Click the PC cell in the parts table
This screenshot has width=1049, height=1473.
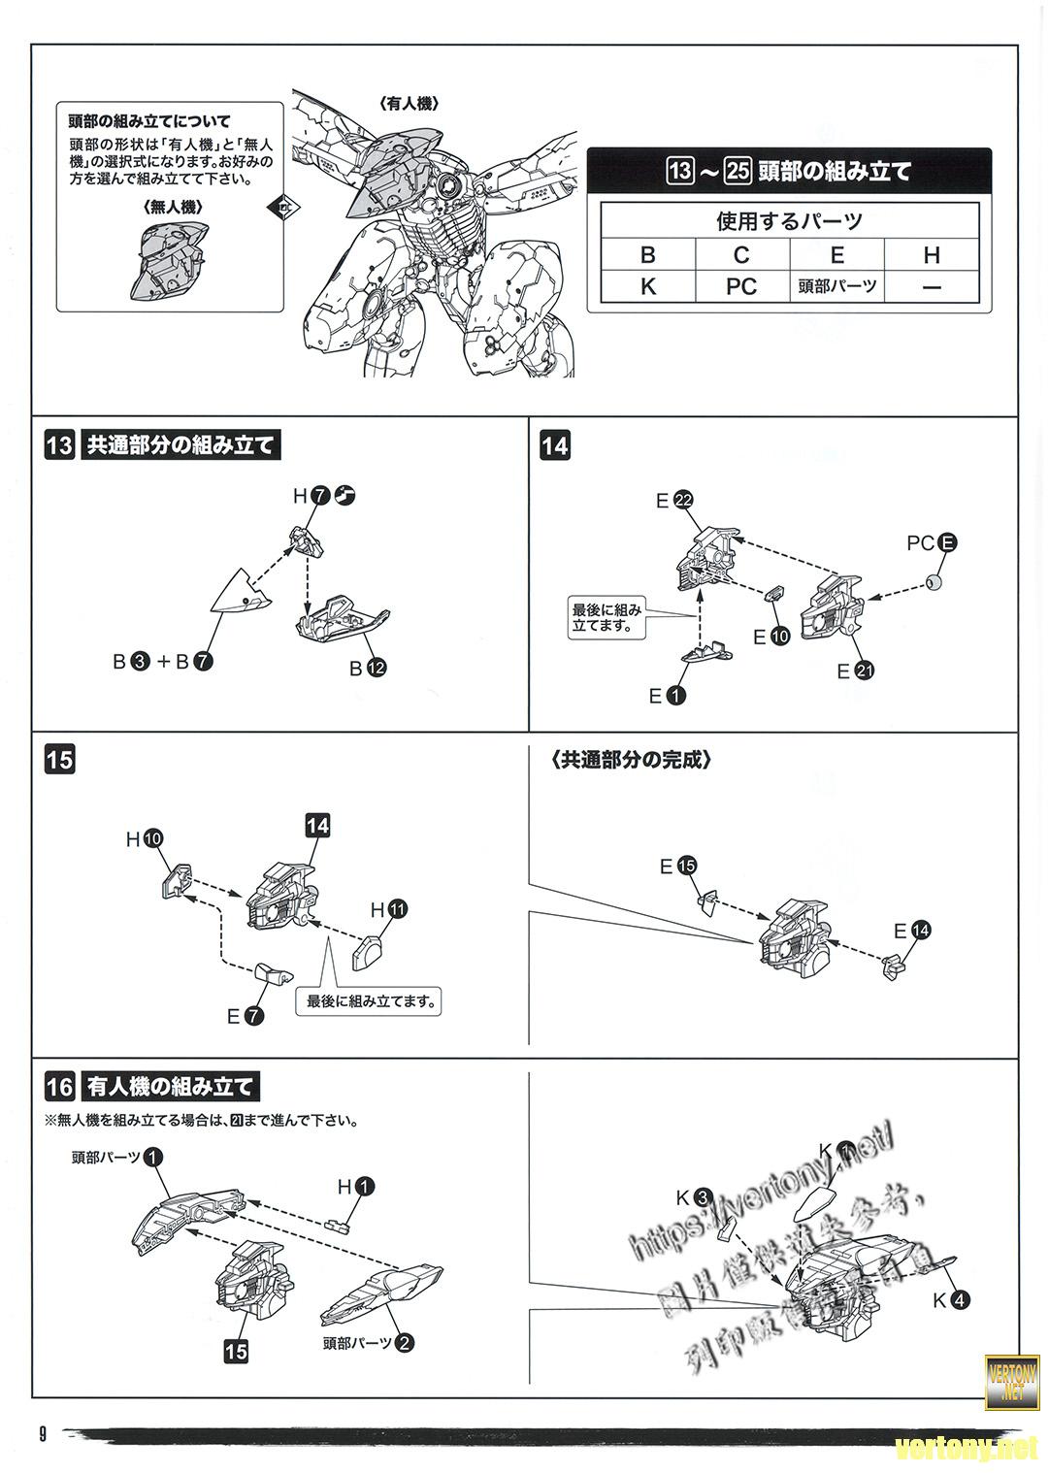pyautogui.click(x=741, y=286)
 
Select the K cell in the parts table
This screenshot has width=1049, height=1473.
pyautogui.click(x=647, y=286)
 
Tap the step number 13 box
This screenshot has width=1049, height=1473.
pyautogui.click(x=59, y=445)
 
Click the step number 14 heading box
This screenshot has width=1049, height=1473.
pyautogui.click(x=556, y=445)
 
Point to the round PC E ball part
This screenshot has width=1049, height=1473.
pyautogui.click(x=935, y=582)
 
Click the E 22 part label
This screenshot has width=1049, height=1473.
pyautogui.click(x=674, y=501)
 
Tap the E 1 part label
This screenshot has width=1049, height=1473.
pyautogui.click(x=667, y=695)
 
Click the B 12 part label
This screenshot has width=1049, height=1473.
pyautogui.click(x=368, y=668)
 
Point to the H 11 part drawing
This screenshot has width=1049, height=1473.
pyautogui.click(x=369, y=951)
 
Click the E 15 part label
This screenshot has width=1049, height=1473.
pyautogui.click(x=676, y=866)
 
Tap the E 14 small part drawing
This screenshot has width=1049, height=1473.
pyautogui.click(x=894, y=966)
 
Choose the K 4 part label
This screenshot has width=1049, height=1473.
pyautogui.click(x=951, y=1300)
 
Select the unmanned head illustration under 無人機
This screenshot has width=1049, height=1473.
pyautogui.click(x=168, y=260)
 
